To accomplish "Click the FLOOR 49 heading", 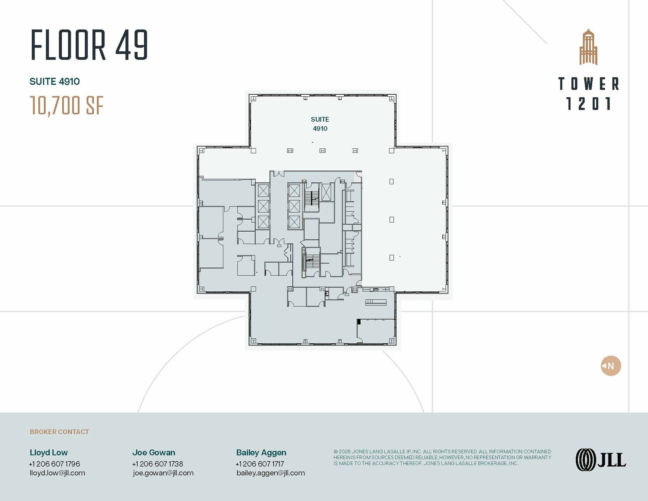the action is coord(89,45).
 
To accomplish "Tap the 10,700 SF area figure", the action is coord(67,105).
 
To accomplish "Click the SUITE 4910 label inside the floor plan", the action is coord(320,124).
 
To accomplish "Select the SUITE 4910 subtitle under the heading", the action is coord(55,82).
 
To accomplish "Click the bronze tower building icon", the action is coord(588,47).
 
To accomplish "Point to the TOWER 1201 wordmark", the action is coord(589,94).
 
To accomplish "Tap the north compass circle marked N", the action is coord(611,366).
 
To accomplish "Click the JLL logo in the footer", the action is coord(601,460).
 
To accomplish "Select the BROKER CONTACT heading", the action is coord(59,432).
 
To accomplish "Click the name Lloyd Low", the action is coord(49,453).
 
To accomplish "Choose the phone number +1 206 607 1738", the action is coord(158,464).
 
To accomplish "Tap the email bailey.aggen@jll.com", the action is coord(271,473).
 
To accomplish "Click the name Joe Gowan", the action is coord(154,453).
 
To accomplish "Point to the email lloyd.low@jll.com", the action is coord(57,473).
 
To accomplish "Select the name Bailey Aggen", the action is coord(261,453).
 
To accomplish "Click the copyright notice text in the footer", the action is coord(442,457).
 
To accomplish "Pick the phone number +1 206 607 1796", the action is coord(54,464).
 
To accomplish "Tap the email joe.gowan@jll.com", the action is coord(163,473).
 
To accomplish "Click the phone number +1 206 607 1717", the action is coord(260,464).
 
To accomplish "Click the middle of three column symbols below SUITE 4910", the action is coord(322,151).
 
